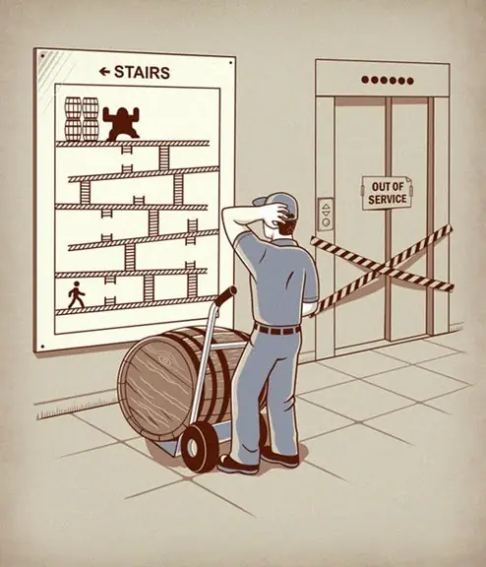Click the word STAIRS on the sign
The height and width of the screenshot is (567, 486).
[x=142, y=72]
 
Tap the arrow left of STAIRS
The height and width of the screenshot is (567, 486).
[x=104, y=72]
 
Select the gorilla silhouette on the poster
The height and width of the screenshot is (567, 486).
[x=121, y=124]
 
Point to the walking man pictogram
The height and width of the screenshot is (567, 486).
[x=76, y=295]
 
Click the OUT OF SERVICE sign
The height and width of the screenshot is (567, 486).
[x=388, y=193]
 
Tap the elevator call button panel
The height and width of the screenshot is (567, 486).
[x=326, y=214]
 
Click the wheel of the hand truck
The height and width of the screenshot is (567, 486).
[x=199, y=448]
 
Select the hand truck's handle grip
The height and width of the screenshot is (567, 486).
[x=225, y=294]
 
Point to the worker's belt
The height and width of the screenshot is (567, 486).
[x=277, y=330]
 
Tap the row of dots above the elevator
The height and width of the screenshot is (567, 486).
[x=388, y=81]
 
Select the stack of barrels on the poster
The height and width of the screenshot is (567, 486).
[x=82, y=118]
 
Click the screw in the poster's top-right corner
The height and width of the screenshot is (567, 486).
[x=230, y=63]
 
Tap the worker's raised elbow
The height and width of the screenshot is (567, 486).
[x=227, y=213]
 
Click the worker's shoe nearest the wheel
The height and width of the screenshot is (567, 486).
[x=238, y=466]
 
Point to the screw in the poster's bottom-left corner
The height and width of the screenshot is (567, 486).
[x=42, y=346]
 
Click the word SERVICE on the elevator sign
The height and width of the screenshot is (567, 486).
[x=388, y=199]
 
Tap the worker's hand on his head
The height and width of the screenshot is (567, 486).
[x=279, y=210]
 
